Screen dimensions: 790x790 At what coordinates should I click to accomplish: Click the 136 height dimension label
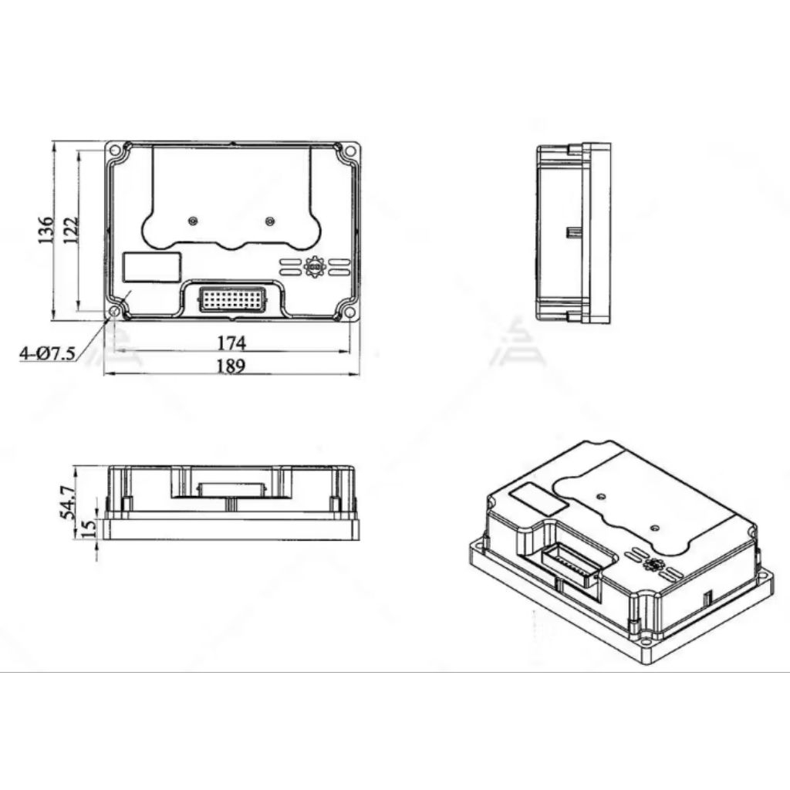pyautogui.click(x=46, y=230)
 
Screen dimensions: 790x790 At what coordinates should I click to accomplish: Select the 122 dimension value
pyautogui.click(x=70, y=230)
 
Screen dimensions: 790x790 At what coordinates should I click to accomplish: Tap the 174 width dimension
pyautogui.click(x=231, y=342)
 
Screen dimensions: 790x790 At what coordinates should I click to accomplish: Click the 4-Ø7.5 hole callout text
pyautogui.click(x=47, y=354)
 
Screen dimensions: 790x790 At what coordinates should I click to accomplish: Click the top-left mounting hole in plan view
pyautogui.click(x=115, y=150)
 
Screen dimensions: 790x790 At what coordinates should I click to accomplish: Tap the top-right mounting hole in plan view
pyautogui.click(x=350, y=150)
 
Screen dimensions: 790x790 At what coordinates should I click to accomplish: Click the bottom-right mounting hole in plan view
pyautogui.click(x=350, y=312)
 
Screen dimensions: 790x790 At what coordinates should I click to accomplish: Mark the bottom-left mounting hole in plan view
pyautogui.click(x=115, y=312)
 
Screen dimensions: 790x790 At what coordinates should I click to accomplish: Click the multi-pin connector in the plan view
pyautogui.click(x=232, y=299)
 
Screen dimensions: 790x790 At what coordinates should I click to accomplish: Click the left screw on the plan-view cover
pyautogui.click(x=193, y=221)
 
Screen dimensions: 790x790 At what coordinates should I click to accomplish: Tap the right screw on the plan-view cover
pyautogui.click(x=269, y=221)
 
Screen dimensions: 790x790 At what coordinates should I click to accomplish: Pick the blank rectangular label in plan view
pyautogui.click(x=152, y=267)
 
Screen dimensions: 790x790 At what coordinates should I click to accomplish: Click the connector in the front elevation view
pyautogui.click(x=231, y=490)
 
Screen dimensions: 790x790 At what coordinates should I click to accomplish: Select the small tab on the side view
pyautogui.click(x=572, y=231)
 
